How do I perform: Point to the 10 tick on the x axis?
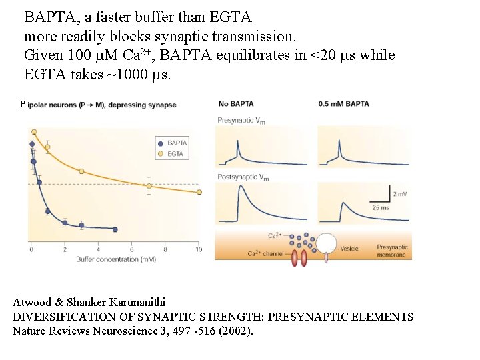click(x=198, y=249)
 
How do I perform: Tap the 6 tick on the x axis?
click(x=132, y=249)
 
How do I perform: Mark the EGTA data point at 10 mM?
click(x=199, y=192)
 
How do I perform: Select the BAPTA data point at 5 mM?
click(x=115, y=229)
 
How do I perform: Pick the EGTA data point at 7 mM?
click(x=149, y=186)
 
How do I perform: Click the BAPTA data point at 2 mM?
click(x=65, y=223)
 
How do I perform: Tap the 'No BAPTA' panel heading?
click(x=235, y=104)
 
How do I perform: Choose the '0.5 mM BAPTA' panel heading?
click(x=343, y=104)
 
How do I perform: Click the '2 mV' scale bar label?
click(x=400, y=194)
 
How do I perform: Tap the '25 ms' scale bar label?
click(x=381, y=207)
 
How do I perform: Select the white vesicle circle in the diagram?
click(x=327, y=243)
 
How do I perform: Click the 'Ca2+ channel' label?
click(x=265, y=253)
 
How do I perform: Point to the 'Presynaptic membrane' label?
click(x=392, y=251)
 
